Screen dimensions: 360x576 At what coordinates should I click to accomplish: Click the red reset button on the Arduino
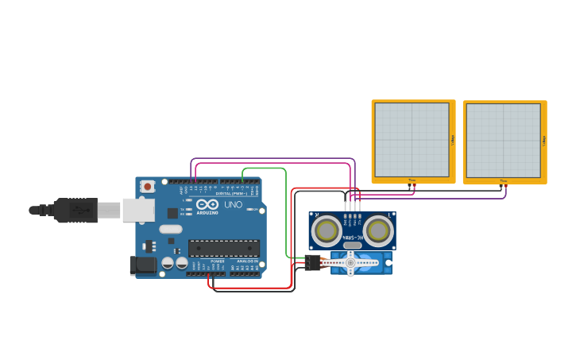click(x=147, y=187)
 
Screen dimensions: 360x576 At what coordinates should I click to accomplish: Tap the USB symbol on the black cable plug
click(x=79, y=211)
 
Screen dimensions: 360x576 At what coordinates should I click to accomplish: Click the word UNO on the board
click(x=234, y=204)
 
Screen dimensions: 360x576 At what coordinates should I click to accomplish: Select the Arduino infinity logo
click(x=207, y=204)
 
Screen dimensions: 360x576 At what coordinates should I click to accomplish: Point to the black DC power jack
click(x=143, y=265)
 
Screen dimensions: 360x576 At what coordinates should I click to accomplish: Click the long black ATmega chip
click(x=223, y=248)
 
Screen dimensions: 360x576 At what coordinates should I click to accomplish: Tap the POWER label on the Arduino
click(x=217, y=261)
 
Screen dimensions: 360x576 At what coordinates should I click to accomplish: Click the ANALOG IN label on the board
click(x=247, y=261)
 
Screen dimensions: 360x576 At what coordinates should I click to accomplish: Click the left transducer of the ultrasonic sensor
click(x=327, y=231)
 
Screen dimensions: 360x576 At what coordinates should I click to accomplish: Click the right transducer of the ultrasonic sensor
click(x=378, y=231)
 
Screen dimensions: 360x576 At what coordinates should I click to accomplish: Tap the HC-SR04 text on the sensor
click(x=353, y=238)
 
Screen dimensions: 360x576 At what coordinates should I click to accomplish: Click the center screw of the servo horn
click(x=350, y=262)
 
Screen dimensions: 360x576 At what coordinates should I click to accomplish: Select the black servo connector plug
click(x=312, y=262)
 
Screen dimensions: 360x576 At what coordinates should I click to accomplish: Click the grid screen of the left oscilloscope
click(x=412, y=140)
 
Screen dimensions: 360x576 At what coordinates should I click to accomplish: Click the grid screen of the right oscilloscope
click(x=503, y=140)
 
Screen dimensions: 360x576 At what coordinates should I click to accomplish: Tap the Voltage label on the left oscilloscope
click(x=453, y=140)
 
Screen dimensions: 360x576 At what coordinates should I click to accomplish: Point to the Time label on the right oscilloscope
click(x=503, y=180)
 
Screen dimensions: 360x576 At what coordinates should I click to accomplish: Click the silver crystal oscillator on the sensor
click(x=353, y=246)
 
